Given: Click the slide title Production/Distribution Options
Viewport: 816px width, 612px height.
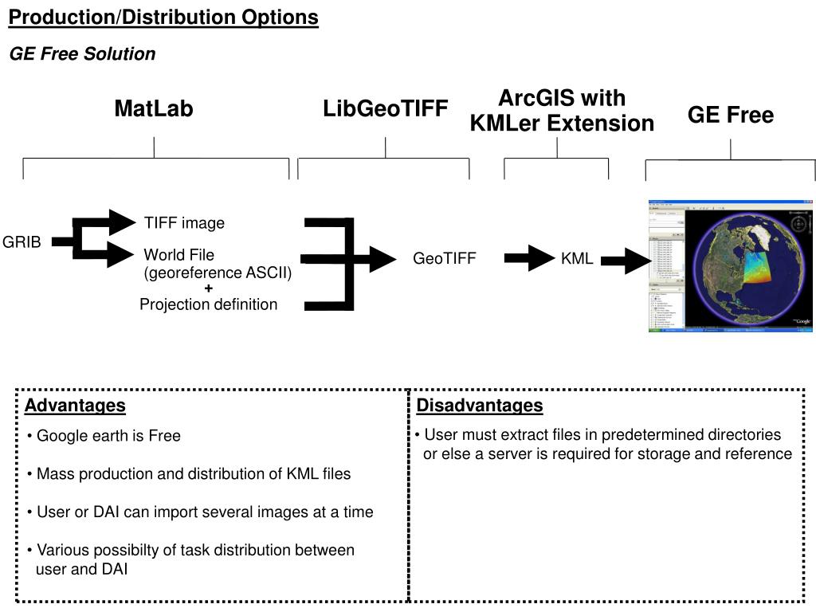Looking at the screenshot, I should coord(163,18).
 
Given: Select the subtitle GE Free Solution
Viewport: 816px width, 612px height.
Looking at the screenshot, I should coord(82,54).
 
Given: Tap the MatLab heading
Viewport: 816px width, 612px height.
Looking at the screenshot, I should coord(154,109).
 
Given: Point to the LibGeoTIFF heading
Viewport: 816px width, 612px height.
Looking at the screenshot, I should coord(386,109).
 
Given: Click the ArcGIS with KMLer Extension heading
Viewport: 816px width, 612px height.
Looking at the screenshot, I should coord(562,111).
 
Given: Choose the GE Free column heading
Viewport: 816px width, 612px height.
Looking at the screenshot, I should coord(731,116).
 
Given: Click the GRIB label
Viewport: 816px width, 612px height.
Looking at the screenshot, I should coord(22,242).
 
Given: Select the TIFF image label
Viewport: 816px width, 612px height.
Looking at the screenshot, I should coord(184,223).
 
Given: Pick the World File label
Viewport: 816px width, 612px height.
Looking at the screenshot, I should coord(178,255).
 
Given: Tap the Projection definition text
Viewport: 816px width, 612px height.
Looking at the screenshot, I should coord(209,304).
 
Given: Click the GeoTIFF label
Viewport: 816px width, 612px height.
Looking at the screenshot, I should coord(444,259).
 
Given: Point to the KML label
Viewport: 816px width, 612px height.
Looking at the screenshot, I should coord(577,259).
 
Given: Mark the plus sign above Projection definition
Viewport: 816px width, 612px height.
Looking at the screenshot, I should coord(209,288).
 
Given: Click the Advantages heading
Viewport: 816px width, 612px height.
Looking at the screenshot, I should coord(75,406).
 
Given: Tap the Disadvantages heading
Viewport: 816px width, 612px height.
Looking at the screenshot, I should coord(480,406).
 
